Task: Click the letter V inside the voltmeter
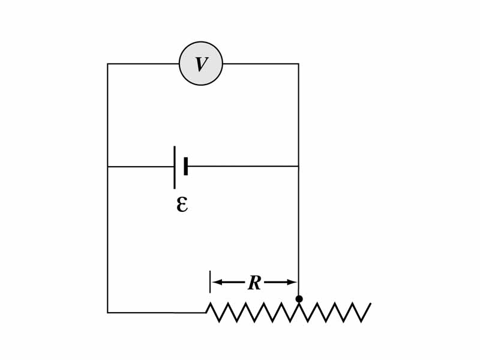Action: coord(201,64)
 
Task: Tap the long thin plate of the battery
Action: coord(175,167)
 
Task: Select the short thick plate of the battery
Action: coord(186,166)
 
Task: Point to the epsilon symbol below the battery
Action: coord(182,205)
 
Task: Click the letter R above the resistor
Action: coord(254,283)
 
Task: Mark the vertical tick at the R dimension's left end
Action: coord(210,282)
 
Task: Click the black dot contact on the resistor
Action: coord(299,299)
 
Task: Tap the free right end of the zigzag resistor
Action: coord(370,304)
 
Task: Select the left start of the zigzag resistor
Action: coord(206,311)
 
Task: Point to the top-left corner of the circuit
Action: coord(108,64)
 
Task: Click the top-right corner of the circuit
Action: coord(298,64)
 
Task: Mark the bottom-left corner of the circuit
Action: coord(108,313)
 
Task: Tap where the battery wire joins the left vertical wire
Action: coord(108,166)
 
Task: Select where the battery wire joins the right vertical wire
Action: coord(298,166)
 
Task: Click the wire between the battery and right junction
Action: coord(243,166)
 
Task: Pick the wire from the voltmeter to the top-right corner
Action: coord(260,64)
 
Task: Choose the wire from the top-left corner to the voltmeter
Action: coord(143,64)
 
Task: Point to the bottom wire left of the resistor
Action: coord(156,313)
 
